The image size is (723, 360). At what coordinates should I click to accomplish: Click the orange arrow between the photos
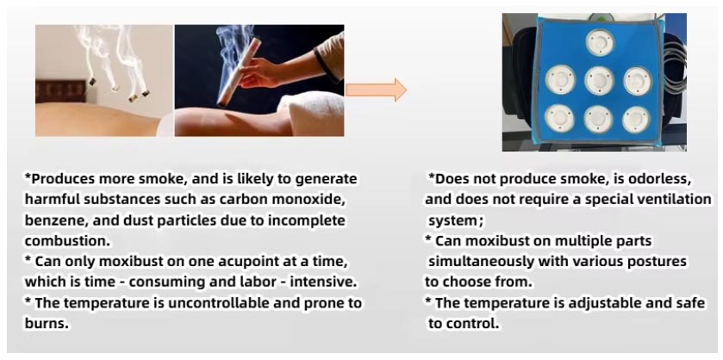click(375, 90)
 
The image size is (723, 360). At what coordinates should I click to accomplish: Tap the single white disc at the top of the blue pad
click(598, 40)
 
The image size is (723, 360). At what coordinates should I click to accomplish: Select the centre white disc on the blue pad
click(598, 80)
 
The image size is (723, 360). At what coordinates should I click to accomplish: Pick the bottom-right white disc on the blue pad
click(635, 119)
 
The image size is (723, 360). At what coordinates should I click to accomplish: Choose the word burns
click(46, 324)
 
